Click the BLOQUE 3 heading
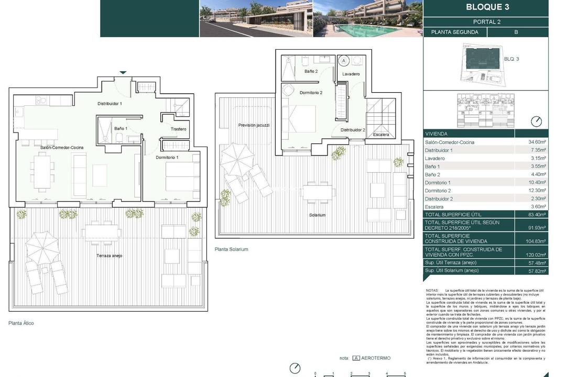[487, 7]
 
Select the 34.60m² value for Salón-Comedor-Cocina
[537, 142]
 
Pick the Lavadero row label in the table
[436, 158]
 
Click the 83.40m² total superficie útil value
[537, 215]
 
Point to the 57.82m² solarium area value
[537, 271]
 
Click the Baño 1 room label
[121, 128]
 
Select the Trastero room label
[178, 129]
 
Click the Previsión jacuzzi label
[254, 125]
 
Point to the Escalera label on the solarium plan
[382, 135]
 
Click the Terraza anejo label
[109, 256]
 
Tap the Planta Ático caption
[21, 323]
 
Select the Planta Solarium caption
[232, 249]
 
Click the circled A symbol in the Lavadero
[344, 61]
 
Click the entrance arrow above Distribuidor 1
[123, 72]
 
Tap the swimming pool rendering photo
[367, 18]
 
